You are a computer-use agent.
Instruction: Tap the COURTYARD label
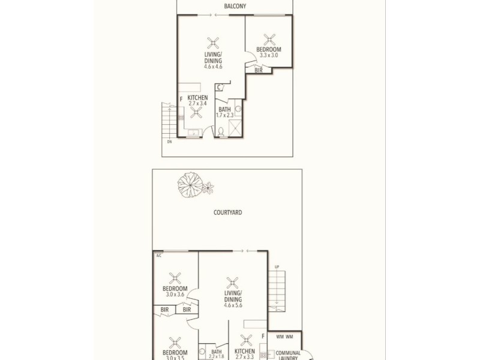(x=227, y=212)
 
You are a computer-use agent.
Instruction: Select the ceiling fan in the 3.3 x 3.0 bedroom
(x=269, y=39)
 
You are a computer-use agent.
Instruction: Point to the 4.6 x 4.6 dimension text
(x=213, y=67)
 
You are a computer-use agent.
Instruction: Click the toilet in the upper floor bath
(x=221, y=131)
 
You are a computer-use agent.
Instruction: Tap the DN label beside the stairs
(x=169, y=142)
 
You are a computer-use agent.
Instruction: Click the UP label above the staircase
(x=277, y=267)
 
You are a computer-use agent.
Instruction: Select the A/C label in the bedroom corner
(x=159, y=256)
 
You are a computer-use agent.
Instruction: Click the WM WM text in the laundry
(x=284, y=337)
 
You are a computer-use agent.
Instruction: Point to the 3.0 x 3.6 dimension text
(x=175, y=295)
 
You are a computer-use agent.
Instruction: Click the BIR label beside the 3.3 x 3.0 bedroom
(x=259, y=70)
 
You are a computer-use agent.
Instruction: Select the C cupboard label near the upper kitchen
(x=219, y=88)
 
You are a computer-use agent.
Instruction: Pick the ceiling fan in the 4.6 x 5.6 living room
(x=232, y=282)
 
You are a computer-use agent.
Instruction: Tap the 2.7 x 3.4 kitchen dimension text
(x=197, y=103)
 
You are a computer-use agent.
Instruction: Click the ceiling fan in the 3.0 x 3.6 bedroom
(x=175, y=277)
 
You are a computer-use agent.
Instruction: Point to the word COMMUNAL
(x=288, y=353)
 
